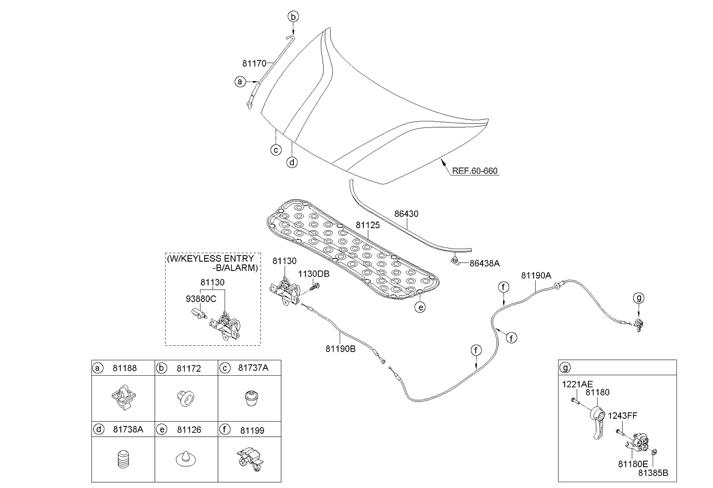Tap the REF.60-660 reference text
tap(474, 171)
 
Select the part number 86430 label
tap(406, 213)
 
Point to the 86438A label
tap(485, 263)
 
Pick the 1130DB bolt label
tap(313, 274)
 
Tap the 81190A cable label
tap(536, 275)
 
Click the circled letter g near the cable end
tap(639, 298)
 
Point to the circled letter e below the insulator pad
tap(421, 307)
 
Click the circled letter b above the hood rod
tap(293, 17)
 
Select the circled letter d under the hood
tap(293, 162)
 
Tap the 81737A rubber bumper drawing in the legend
tap(250, 398)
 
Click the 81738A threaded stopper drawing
tap(122, 460)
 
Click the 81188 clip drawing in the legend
tap(122, 398)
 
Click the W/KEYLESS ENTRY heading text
tap(211, 258)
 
